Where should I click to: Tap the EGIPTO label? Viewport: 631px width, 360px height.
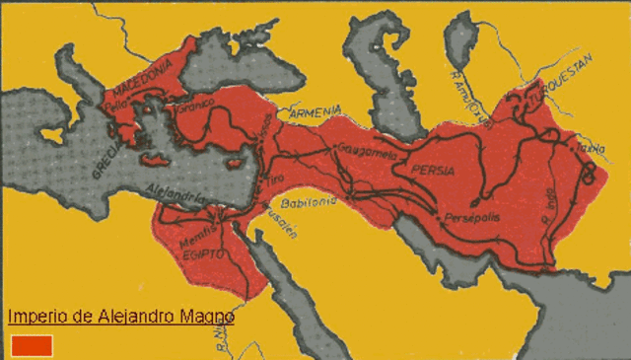tap(205, 254)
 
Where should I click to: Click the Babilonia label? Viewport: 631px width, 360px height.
tap(309, 200)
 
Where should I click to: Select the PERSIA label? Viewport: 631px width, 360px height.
tap(433, 171)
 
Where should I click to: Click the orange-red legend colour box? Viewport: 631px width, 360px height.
tap(32, 344)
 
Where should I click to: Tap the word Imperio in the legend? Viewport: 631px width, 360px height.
tap(33, 317)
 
